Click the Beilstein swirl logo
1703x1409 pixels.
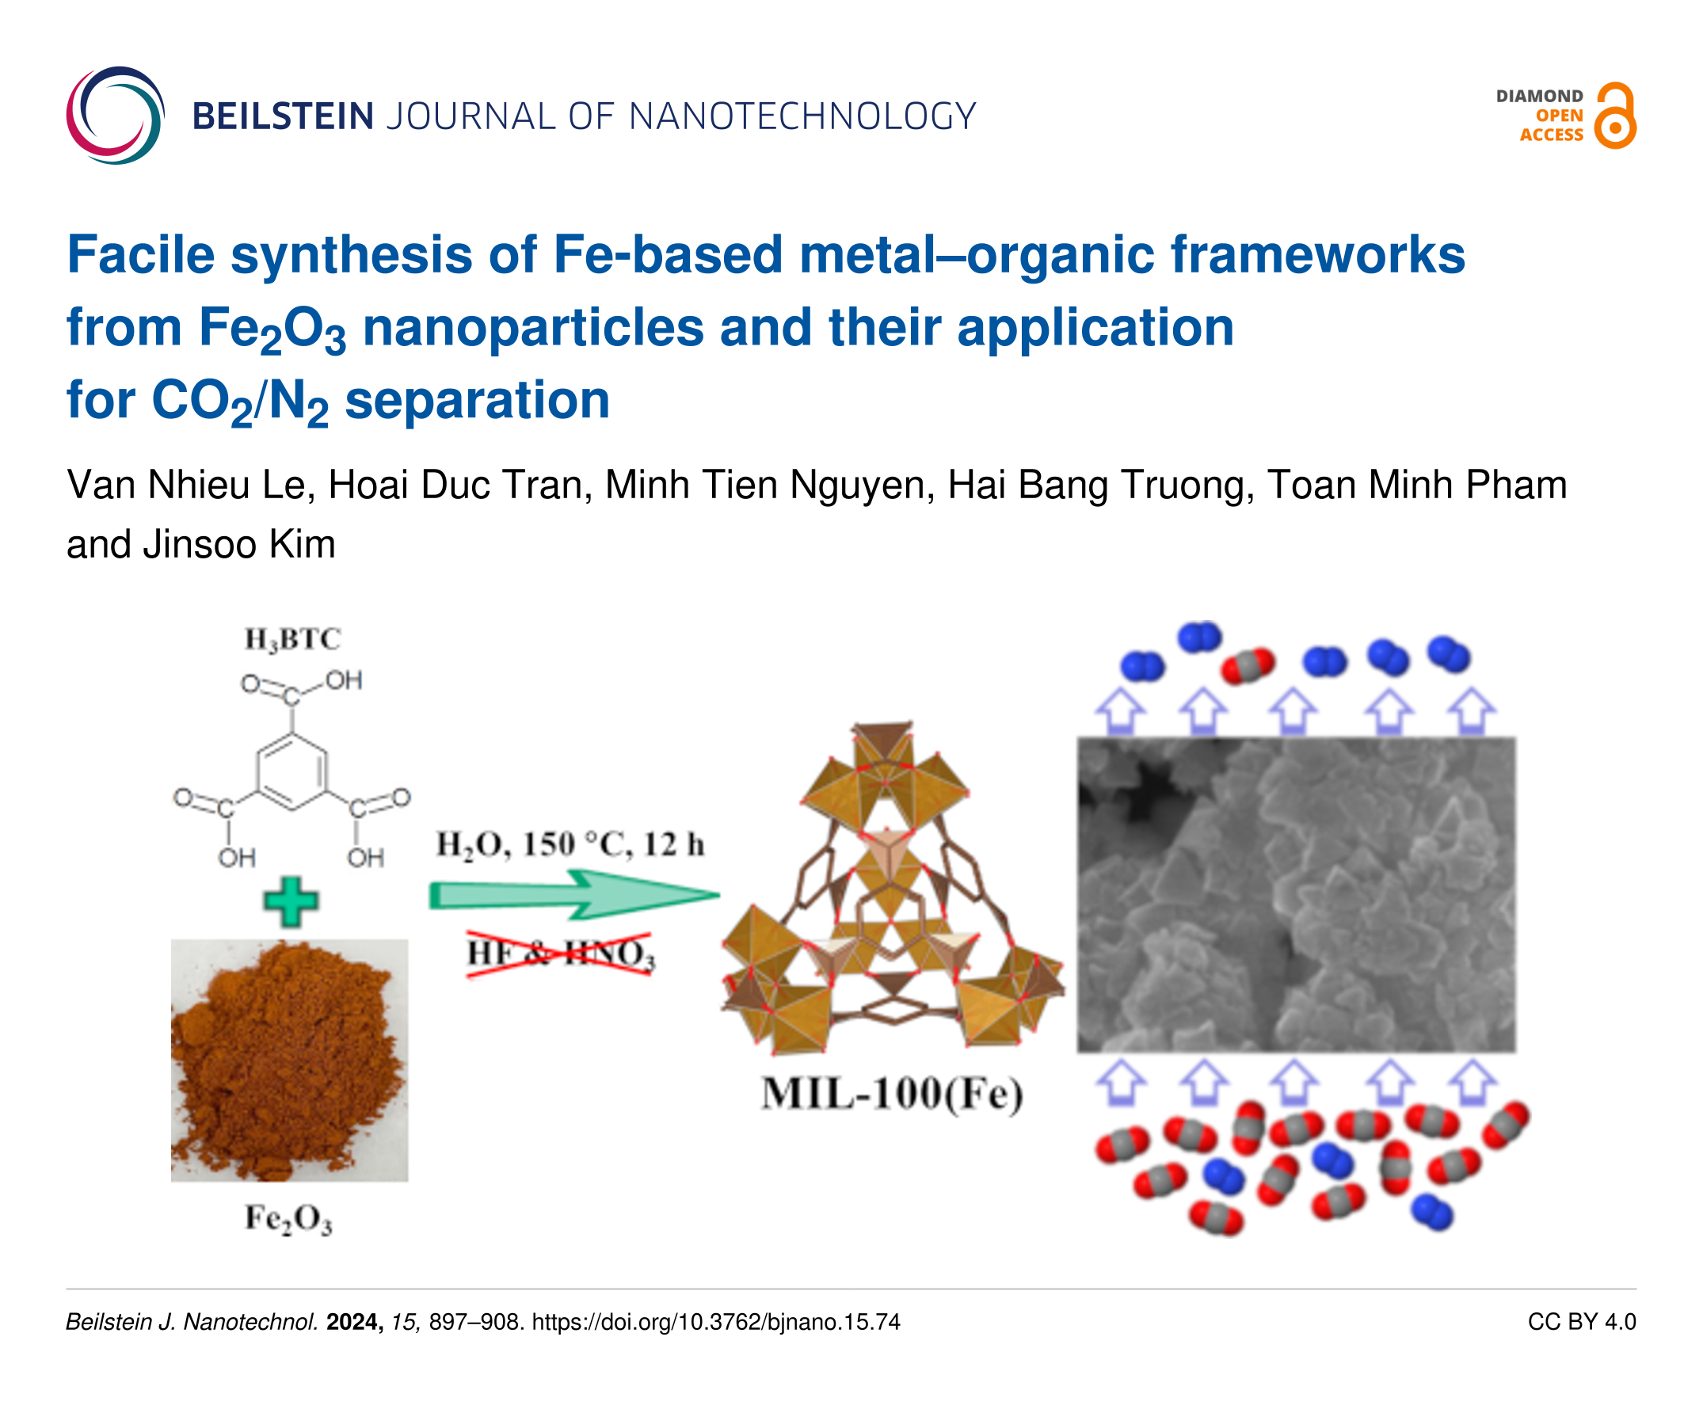(115, 115)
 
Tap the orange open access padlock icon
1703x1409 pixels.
(1614, 115)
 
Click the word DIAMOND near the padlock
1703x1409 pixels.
(1539, 97)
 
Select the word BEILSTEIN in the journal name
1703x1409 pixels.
(283, 116)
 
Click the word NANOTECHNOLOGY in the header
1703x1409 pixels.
(802, 116)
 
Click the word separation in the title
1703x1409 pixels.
(478, 401)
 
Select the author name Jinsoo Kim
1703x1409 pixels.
(239, 544)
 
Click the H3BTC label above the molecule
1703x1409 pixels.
(293, 640)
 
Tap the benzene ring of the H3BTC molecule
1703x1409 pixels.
(292, 771)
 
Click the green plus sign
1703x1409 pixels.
(291, 901)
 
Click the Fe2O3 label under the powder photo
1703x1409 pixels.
(288, 1218)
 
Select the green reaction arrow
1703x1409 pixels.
(574, 895)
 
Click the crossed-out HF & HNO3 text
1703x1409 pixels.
(560, 954)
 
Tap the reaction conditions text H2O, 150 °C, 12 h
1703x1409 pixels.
(570, 845)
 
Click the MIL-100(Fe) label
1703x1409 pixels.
(892, 1094)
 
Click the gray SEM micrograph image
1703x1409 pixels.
(1296, 895)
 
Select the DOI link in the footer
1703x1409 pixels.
(716, 1322)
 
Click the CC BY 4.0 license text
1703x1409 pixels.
(1581, 1322)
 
